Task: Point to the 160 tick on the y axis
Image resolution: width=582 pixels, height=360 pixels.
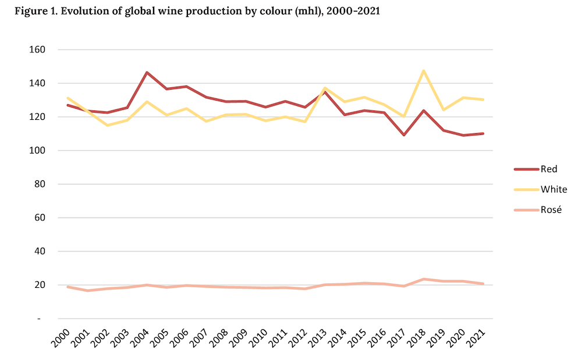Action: click(38, 50)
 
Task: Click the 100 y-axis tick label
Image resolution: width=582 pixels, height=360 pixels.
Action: click(38, 151)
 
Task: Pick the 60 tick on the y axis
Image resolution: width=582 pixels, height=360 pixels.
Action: click(40, 218)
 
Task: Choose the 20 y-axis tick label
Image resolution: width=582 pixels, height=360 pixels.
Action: click(40, 285)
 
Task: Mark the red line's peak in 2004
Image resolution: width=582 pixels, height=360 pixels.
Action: click(147, 72)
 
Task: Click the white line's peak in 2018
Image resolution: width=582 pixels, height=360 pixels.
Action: click(424, 70)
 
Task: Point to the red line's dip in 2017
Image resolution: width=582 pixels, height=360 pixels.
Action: click(404, 135)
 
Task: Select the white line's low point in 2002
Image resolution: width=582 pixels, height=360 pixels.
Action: click(108, 125)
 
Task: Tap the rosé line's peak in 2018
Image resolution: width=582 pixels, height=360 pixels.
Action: click(424, 279)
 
